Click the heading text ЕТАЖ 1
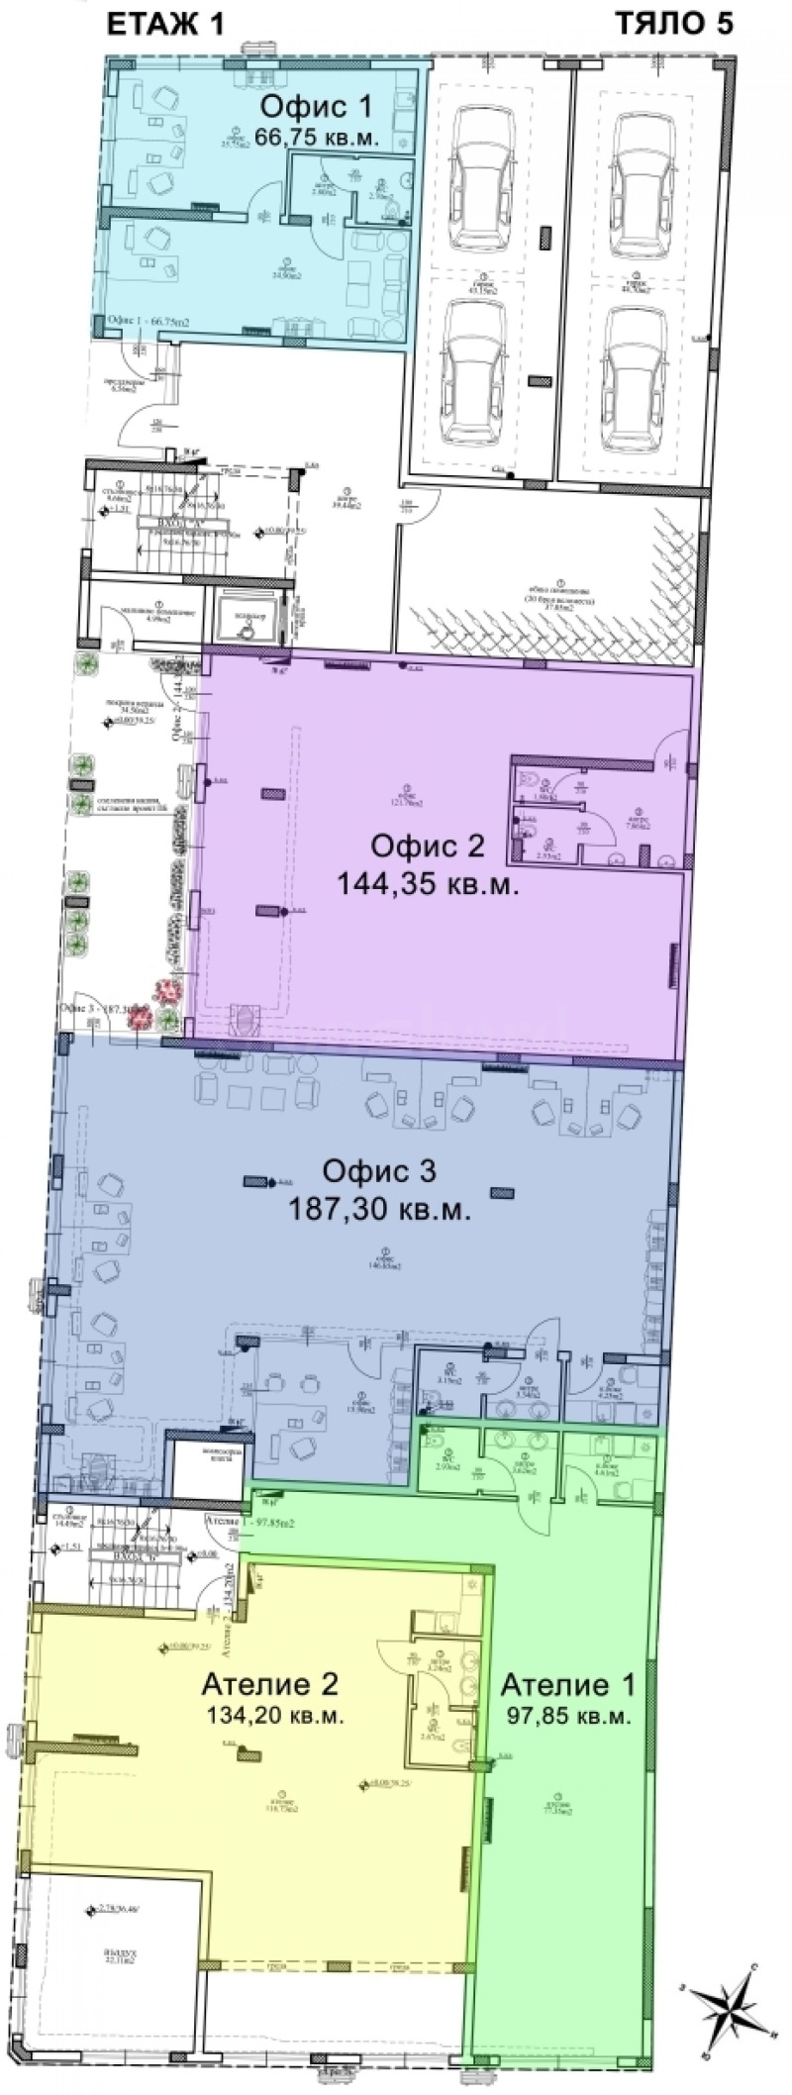click(x=166, y=25)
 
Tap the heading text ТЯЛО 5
click(x=674, y=25)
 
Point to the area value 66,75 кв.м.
click(x=316, y=138)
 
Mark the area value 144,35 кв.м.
click(x=428, y=883)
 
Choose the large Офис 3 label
click(x=378, y=1171)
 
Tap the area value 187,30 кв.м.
click(x=378, y=1208)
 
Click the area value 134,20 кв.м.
click(x=273, y=1717)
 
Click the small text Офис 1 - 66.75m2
click(x=148, y=322)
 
